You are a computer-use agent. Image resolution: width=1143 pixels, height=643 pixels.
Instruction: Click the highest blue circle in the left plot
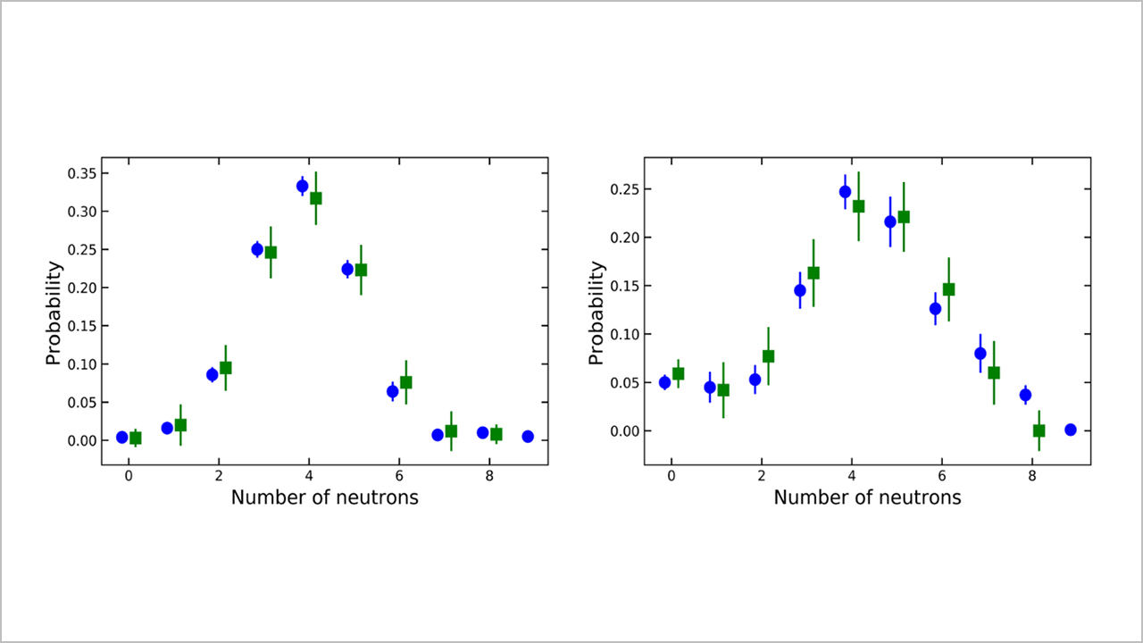(x=302, y=186)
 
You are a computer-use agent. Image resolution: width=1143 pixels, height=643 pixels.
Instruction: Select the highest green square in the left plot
(x=316, y=198)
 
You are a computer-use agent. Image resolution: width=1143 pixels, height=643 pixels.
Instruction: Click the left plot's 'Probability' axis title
(x=54, y=313)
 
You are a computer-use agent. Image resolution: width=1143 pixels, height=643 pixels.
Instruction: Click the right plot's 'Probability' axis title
(x=597, y=313)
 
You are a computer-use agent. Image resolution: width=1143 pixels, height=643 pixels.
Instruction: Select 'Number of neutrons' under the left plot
(x=324, y=497)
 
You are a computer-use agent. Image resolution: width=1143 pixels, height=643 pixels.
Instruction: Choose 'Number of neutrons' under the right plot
(x=867, y=497)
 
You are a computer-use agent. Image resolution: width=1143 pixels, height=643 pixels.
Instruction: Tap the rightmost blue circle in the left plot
(x=528, y=437)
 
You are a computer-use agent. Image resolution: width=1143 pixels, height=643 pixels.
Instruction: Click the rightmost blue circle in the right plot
(x=1071, y=430)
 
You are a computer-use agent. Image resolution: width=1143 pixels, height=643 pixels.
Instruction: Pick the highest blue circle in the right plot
(x=845, y=191)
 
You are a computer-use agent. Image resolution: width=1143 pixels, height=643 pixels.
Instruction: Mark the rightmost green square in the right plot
(x=1039, y=430)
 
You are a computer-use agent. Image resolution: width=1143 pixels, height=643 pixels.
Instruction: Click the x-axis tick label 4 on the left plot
(x=309, y=476)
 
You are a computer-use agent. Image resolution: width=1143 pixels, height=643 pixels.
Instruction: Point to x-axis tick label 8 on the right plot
(x=1031, y=476)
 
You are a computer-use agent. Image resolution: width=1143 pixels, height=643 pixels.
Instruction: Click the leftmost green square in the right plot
(x=678, y=374)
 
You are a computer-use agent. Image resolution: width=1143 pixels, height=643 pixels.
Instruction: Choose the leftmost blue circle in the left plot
(x=122, y=437)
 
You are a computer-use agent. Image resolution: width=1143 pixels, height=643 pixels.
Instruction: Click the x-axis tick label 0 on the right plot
(x=672, y=476)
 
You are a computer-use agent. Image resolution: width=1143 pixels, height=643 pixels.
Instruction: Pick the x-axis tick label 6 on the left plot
(x=399, y=476)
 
